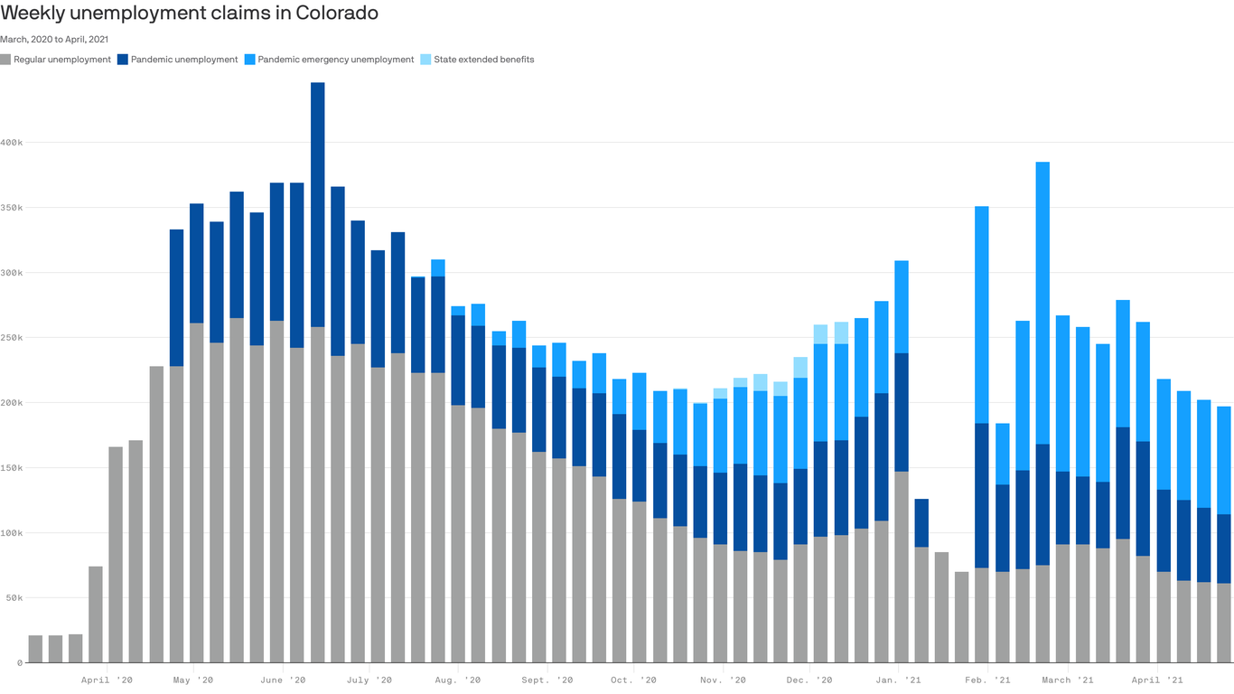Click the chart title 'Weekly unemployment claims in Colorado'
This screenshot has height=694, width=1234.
click(x=189, y=14)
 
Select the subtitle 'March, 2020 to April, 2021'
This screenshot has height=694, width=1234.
click(x=54, y=39)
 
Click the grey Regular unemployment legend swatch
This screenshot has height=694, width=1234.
click(x=5, y=60)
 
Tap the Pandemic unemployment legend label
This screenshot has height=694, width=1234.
click(x=184, y=60)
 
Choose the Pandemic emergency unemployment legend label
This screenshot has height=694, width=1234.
click(x=335, y=60)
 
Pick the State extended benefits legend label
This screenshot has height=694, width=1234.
click(x=483, y=60)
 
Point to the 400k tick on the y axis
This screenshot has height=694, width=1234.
click(x=12, y=143)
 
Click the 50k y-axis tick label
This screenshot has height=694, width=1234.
click(x=12, y=598)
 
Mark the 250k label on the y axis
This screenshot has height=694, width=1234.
click(x=12, y=338)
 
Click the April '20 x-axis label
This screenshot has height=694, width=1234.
click(x=107, y=680)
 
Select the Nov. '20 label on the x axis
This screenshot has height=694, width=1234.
click(x=723, y=680)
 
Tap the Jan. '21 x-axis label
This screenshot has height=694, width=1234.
click(x=899, y=680)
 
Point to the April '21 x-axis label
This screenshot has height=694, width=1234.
click(x=1157, y=680)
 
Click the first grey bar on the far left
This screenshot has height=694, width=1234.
click(x=35, y=649)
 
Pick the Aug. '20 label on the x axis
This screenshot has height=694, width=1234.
click(x=456, y=680)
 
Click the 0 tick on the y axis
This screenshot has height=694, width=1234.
click(x=18, y=663)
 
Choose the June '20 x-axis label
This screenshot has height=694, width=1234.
click(x=283, y=680)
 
